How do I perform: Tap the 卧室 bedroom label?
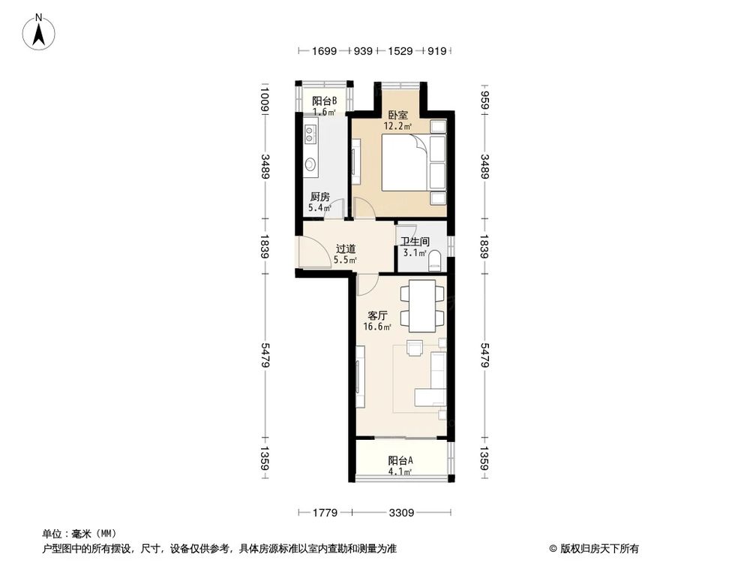tap(398, 116)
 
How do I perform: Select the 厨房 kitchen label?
tap(319, 197)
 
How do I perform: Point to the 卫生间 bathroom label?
tap(415, 242)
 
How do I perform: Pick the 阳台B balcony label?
tap(324, 101)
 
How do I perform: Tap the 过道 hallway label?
tap(346, 248)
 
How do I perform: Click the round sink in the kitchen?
tap(310, 164)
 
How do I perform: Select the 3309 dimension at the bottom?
tap(401, 513)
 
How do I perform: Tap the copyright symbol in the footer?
tap(553, 549)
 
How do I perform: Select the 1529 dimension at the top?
tap(399, 51)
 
